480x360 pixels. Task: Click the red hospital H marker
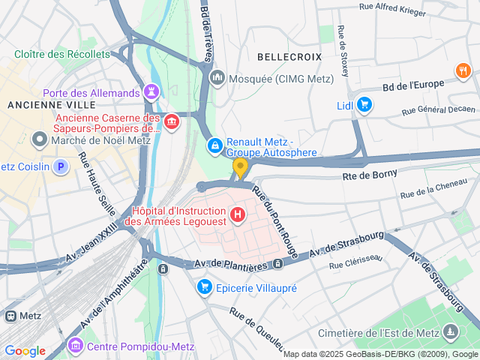238,216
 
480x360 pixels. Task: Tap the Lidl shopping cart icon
364,105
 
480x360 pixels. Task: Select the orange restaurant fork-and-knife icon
463,71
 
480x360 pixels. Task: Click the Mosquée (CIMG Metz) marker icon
218,78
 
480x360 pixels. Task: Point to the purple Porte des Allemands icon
152,92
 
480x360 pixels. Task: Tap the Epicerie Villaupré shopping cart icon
204,287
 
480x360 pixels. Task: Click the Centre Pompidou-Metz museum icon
76,346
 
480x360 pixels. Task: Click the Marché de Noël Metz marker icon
39,139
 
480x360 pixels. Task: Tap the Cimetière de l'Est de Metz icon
450,331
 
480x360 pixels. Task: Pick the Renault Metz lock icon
214,144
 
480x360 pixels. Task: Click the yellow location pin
240,167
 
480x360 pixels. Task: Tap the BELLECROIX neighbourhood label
289,56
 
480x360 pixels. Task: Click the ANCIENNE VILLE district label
39,105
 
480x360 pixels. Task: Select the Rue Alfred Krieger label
393,10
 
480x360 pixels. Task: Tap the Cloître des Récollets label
62,55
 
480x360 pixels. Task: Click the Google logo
25,351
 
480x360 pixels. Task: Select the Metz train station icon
10,316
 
